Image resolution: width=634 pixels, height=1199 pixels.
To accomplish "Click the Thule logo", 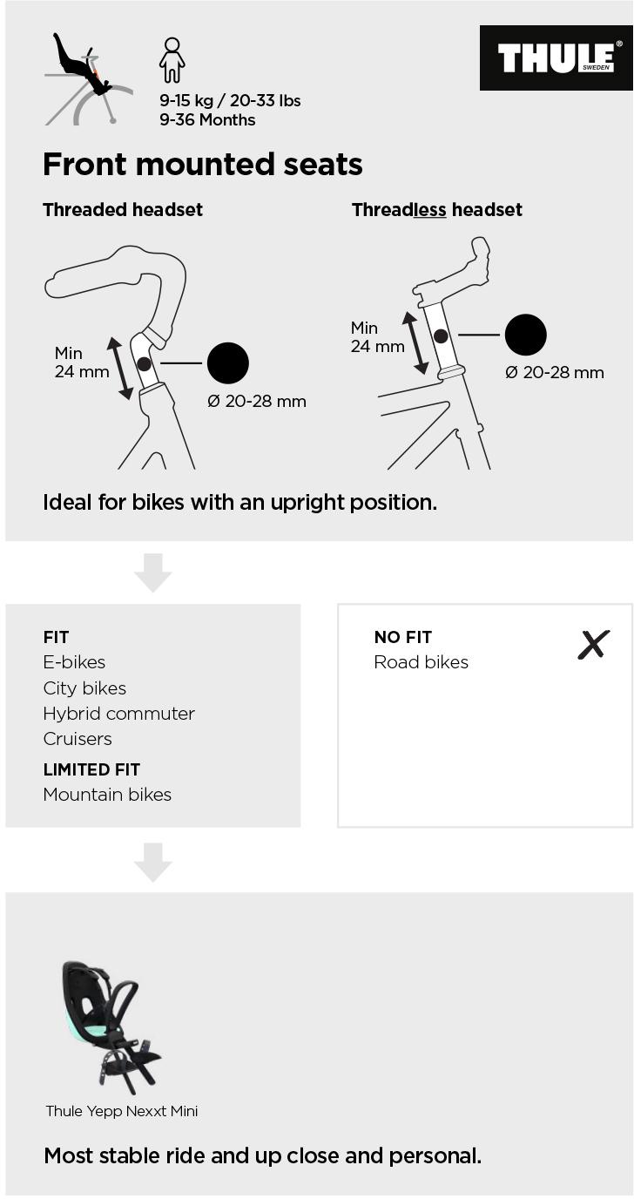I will (x=556, y=58).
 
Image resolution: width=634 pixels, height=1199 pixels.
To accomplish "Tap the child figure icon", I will (x=172, y=60).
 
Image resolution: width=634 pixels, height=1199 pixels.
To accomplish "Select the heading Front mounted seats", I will (x=202, y=164).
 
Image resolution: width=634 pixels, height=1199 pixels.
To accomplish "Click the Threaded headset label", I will (x=123, y=210).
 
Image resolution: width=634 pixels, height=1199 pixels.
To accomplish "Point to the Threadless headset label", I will (x=436, y=210).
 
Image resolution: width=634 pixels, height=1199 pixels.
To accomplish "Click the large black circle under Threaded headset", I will (x=227, y=362).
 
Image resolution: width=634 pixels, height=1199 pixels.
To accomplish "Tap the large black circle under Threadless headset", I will (x=525, y=335).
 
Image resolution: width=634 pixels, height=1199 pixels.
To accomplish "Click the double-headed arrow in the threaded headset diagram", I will (x=120, y=368).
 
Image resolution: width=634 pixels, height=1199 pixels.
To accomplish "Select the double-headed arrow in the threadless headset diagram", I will (x=415, y=342).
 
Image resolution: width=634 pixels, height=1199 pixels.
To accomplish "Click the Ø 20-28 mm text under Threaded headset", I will (x=256, y=402).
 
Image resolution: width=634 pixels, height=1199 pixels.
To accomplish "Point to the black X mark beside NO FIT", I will (x=593, y=645).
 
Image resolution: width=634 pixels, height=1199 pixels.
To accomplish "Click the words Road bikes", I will (x=421, y=662).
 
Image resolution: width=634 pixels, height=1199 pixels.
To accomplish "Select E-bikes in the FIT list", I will (x=74, y=662).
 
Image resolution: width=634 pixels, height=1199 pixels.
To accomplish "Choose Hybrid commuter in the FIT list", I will (x=118, y=714).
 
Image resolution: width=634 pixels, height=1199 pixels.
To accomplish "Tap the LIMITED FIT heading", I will (x=91, y=769).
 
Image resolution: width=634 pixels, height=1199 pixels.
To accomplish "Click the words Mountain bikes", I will (x=107, y=795).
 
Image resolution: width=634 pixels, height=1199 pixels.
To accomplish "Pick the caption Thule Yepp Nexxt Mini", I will (x=122, y=1111).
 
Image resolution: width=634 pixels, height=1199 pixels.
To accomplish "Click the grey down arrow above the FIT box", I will (x=152, y=572).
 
